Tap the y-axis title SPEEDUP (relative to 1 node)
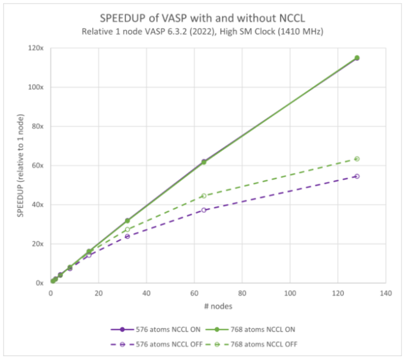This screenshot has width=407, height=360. point(20,165)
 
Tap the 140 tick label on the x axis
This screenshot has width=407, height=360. point(385,294)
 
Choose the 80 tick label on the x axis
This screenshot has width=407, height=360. point(242,294)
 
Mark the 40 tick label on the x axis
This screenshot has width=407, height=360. point(146,294)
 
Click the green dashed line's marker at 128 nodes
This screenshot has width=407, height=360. point(357,159)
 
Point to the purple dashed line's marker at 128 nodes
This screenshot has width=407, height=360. point(357,176)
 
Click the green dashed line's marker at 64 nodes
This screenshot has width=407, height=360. point(204,196)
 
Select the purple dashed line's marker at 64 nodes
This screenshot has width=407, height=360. point(204,210)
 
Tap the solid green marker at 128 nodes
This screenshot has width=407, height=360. point(357,58)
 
